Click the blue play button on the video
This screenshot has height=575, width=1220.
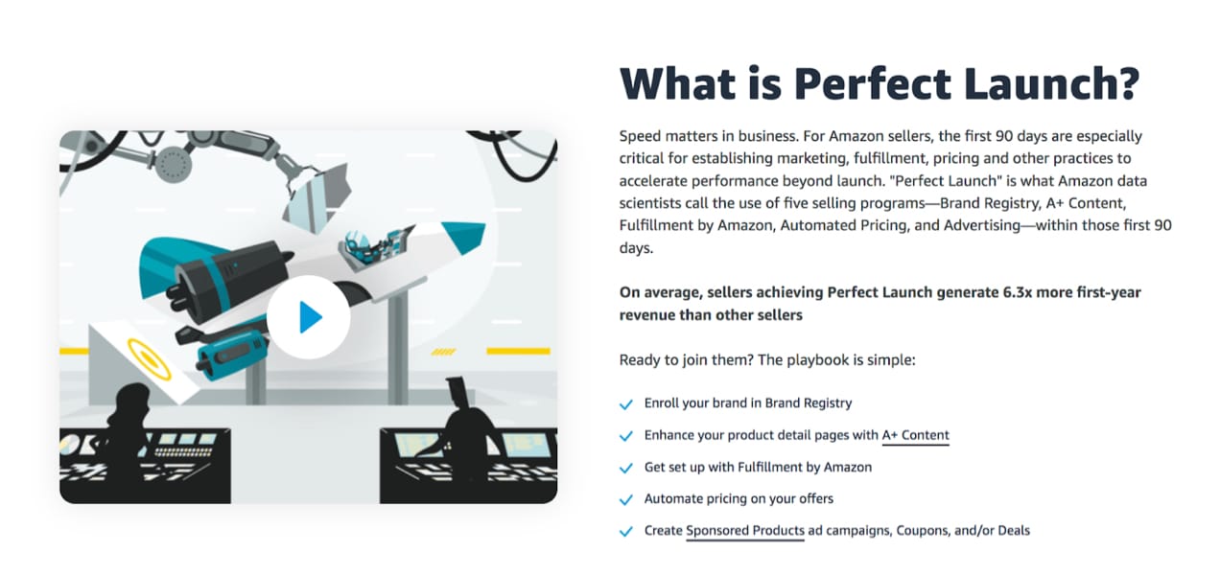(x=309, y=317)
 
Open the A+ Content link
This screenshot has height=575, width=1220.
(x=915, y=435)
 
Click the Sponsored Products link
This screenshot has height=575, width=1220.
(x=744, y=530)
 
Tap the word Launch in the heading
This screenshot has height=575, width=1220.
(x=1050, y=84)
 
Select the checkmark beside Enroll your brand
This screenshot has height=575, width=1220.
(x=626, y=404)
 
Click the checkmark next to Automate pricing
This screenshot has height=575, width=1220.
(x=626, y=500)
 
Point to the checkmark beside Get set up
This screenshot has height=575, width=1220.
(x=626, y=468)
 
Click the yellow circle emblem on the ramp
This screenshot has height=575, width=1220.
(x=149, y=359)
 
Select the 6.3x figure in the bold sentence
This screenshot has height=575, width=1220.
(x=1018, y=292)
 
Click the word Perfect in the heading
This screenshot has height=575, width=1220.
(x=873, y=84)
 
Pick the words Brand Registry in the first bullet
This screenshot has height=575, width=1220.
(x=809, y=403)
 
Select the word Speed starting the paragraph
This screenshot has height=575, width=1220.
(x=640, y=136)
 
